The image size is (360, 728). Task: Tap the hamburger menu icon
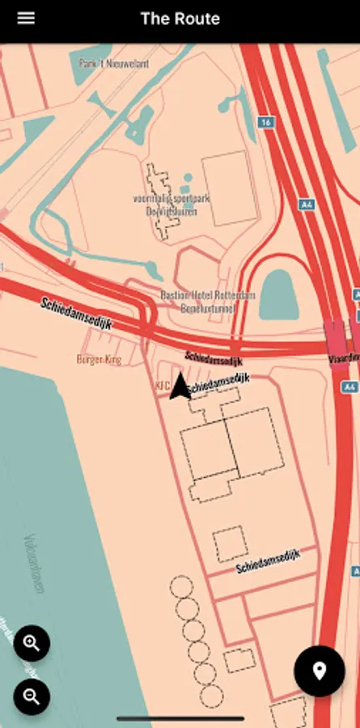[26, 18]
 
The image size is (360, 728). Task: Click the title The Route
[180, 19]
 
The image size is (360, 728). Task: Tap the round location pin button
[319, 671]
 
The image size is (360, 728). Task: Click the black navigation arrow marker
[180, 386]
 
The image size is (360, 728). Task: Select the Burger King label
[99, 358]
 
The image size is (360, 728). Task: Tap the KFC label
[161, 386]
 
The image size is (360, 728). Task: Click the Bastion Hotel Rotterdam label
[207, 295]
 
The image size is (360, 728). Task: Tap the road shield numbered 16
[265, 121]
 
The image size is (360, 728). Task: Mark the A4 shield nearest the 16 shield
[307, 205]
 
